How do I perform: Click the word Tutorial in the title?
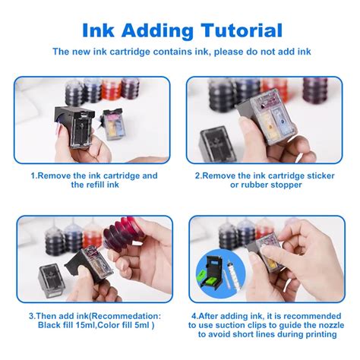click(x=242, y=30)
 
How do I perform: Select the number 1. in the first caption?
click(x=34, y=175)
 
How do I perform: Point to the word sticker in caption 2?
click(x=321, y=175)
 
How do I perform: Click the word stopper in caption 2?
click(x=287, y=185)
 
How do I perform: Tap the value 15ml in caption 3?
click(x=85, y=325)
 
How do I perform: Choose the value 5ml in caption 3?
click(x=142, y=325)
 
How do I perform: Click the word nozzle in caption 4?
click(x=330, y=325)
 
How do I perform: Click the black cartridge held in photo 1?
click(x=74, y=127)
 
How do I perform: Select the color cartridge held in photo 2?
click(x=267, y=116)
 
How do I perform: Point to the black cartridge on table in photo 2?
click(x=216, y=144)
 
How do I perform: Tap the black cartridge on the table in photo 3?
click(x=52, y=280)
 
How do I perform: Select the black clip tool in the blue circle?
click(x=213, y=273)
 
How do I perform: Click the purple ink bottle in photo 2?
click(x=315, y=90)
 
